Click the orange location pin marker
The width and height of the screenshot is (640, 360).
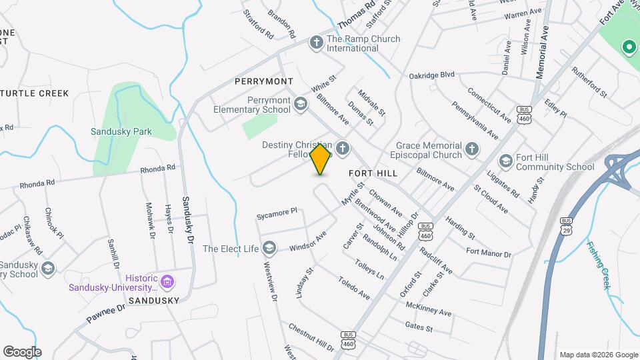(x=321, y=159)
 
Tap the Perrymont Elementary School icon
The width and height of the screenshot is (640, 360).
(x=301, y=104)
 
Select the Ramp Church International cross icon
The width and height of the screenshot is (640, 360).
(x=316, y=43)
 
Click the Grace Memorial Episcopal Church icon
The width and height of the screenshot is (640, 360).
(x=472, y=149)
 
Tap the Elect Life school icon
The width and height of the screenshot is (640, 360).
(x=269, y=249)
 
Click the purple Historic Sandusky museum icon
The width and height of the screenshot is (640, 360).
(x=167, y=283)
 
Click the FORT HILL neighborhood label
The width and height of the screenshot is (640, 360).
(x=373, y=173)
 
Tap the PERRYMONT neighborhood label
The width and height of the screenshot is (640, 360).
(x=264, y=81)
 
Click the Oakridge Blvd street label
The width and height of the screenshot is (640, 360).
(x=431, y=75)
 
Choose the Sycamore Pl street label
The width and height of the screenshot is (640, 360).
(x=277, y=214)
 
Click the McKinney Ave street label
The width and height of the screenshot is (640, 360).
(x=428, y=308)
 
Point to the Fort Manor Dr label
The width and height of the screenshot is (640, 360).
(x=488, y=253)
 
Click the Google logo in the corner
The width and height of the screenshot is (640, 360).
(x=22, y=352)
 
